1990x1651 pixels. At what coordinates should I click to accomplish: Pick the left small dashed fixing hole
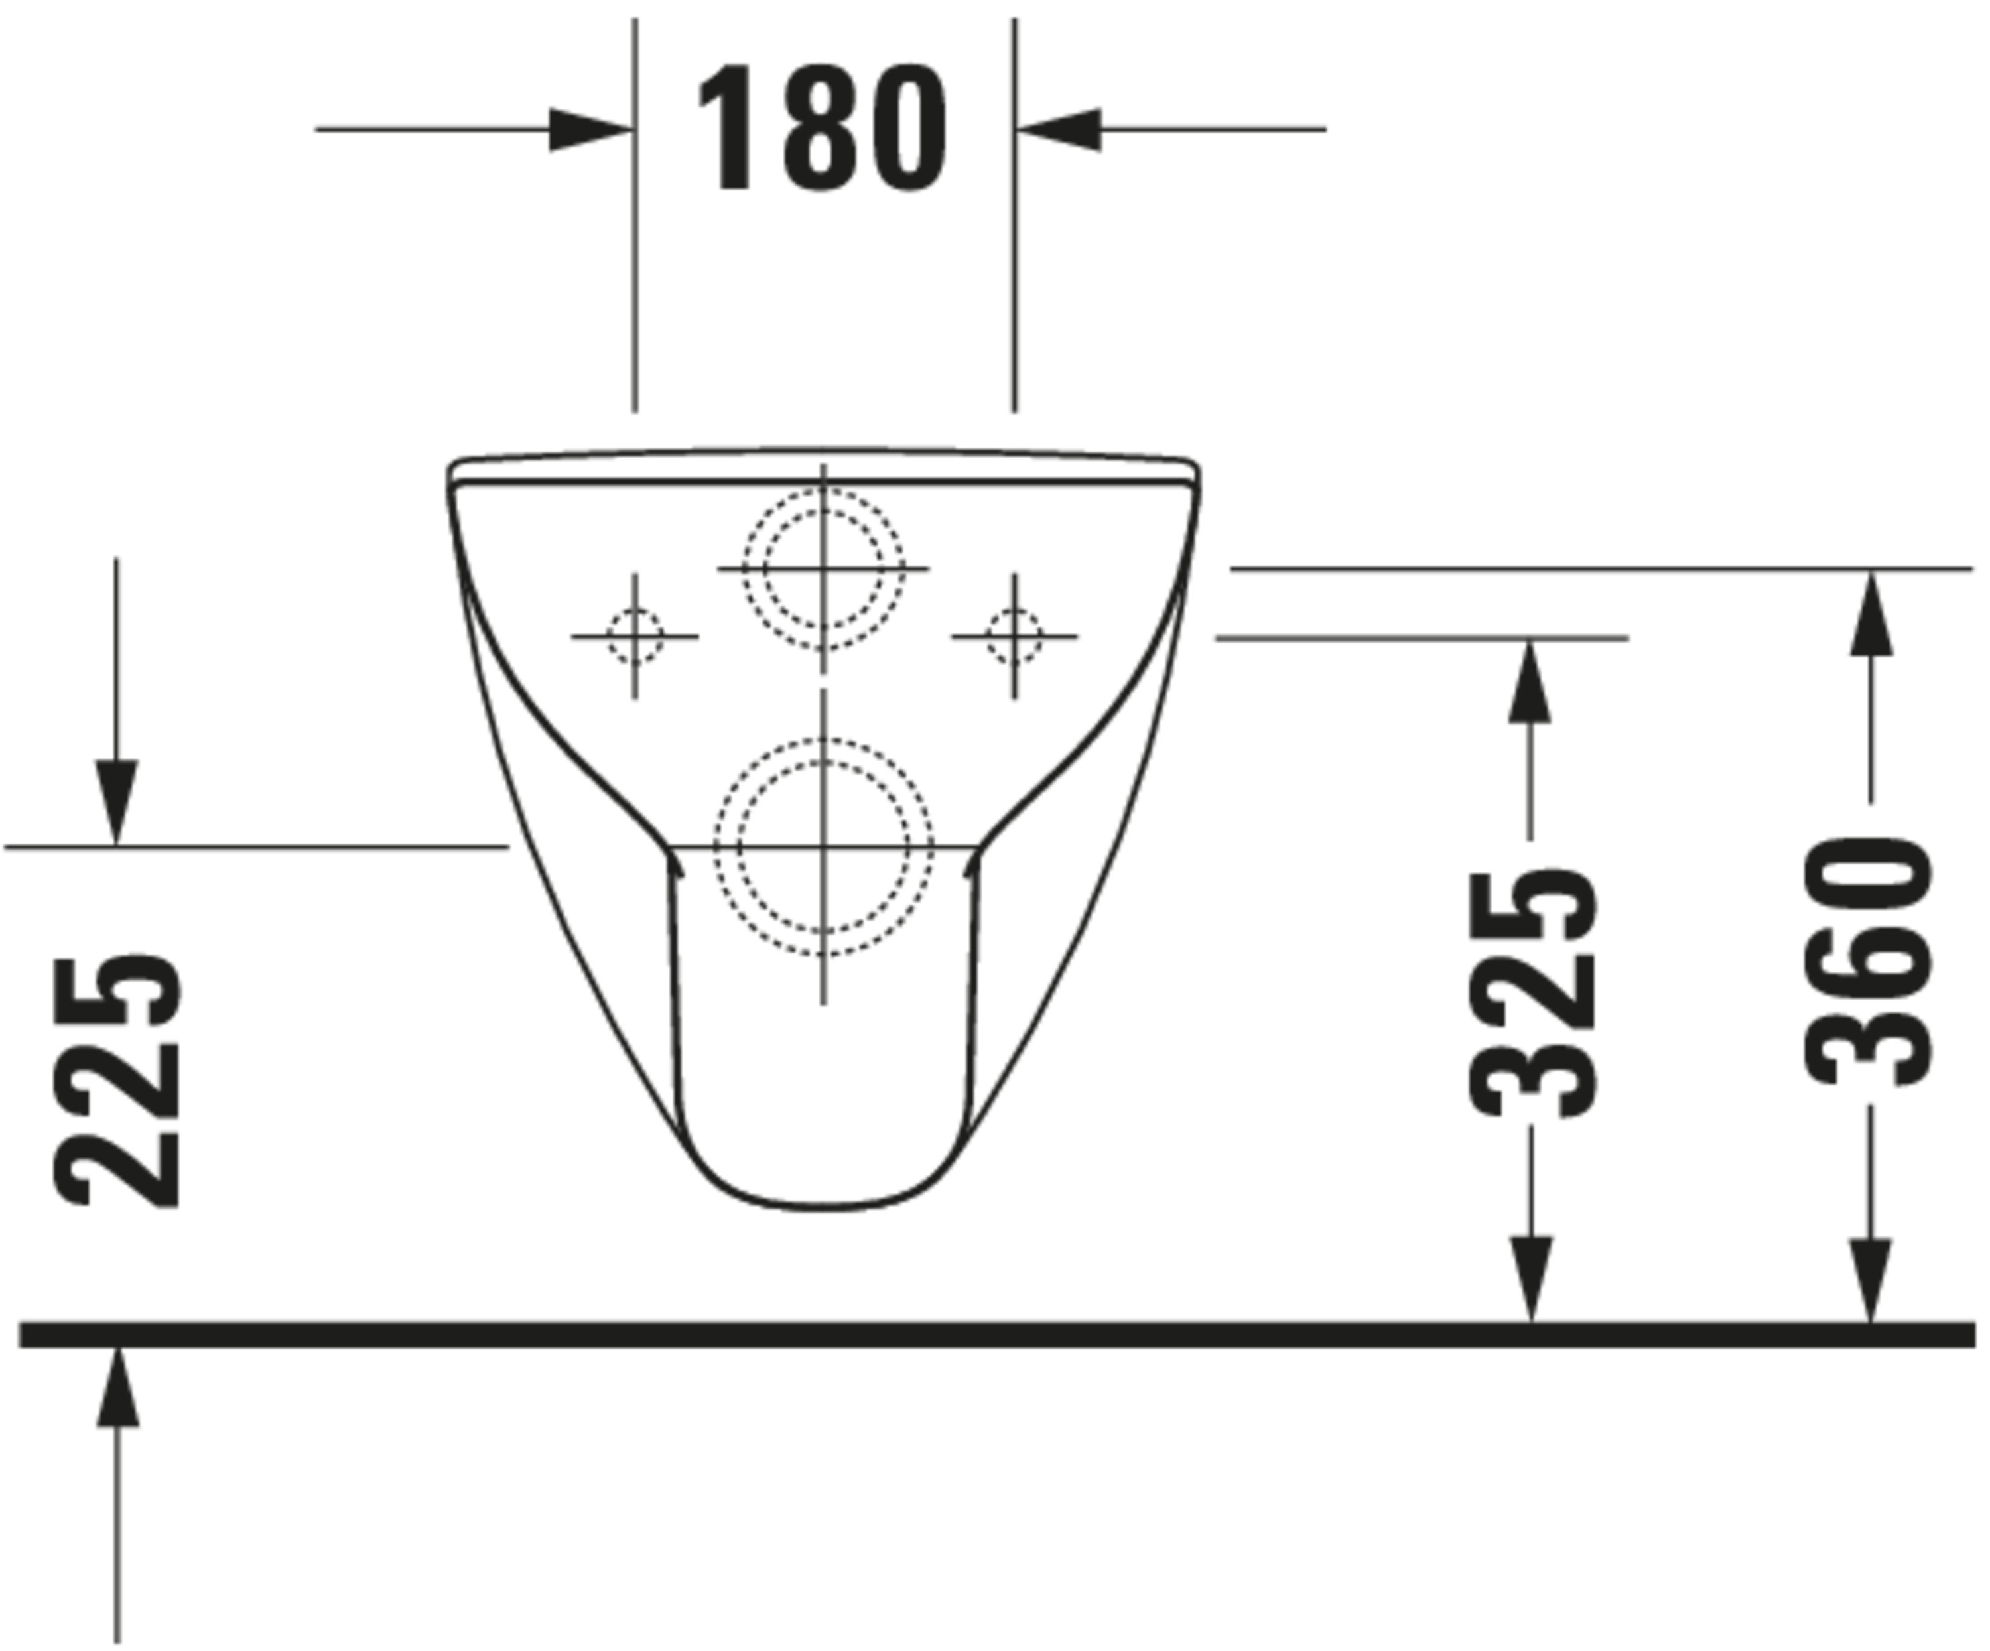click(x=635, y=636)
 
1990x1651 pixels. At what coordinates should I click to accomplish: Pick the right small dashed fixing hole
click(x=1014, y=636)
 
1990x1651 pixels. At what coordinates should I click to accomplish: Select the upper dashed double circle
click(x=823, y=568)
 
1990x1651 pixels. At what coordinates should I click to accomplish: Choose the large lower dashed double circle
click(x=823, y=846)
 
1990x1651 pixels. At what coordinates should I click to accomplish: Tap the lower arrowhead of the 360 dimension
click(x=1871, y=1280)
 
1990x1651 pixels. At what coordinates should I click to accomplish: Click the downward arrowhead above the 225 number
click(x=117, y=801)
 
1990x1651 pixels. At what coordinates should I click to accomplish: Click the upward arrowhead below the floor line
click(x=117, y=1388)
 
